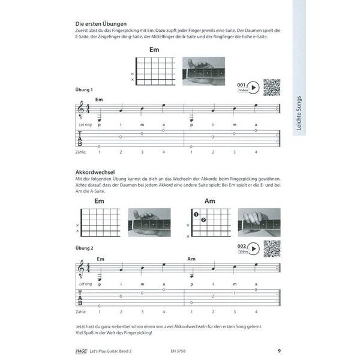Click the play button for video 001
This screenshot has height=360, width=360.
(254, 88)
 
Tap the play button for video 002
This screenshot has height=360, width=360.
(254, 247)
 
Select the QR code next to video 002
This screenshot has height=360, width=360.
(272, 247)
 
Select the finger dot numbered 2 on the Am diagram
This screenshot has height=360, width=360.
(203, 220)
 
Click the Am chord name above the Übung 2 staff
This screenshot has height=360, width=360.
(192, 259)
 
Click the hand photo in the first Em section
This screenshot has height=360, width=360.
(203, 70)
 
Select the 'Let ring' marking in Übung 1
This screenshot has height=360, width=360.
(85, 125)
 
